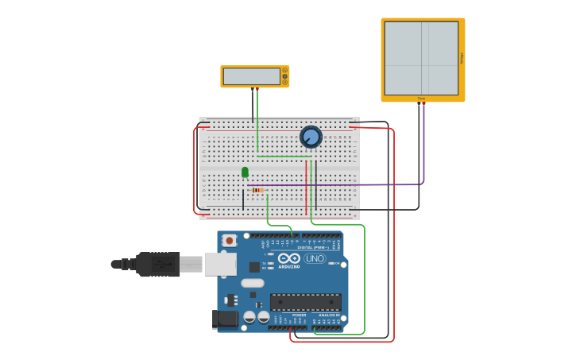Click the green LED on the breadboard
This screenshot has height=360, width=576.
245,172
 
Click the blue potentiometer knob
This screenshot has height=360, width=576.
311,137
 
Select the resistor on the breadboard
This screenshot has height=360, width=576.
256,191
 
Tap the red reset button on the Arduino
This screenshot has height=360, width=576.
230,240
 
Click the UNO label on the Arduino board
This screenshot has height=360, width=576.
315,258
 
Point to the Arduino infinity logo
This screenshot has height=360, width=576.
289,259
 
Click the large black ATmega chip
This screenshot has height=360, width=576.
306,302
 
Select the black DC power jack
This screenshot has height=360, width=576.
226,319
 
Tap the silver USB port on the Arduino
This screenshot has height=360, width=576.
220,264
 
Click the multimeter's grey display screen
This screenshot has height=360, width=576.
251,76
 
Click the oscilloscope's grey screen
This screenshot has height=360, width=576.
421,58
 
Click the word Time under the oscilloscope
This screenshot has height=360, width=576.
421,99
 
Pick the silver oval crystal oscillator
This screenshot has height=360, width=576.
253,283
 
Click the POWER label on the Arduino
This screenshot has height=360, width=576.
299,315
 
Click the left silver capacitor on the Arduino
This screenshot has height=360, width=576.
249,316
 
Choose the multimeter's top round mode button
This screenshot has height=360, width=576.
284,71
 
